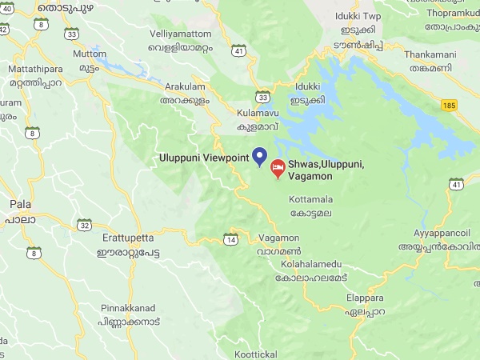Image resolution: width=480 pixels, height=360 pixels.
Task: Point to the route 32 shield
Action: click(84, 225)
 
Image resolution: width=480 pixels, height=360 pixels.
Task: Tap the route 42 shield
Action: click(3, 30)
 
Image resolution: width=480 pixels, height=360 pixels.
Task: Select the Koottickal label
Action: click(256, 353)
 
